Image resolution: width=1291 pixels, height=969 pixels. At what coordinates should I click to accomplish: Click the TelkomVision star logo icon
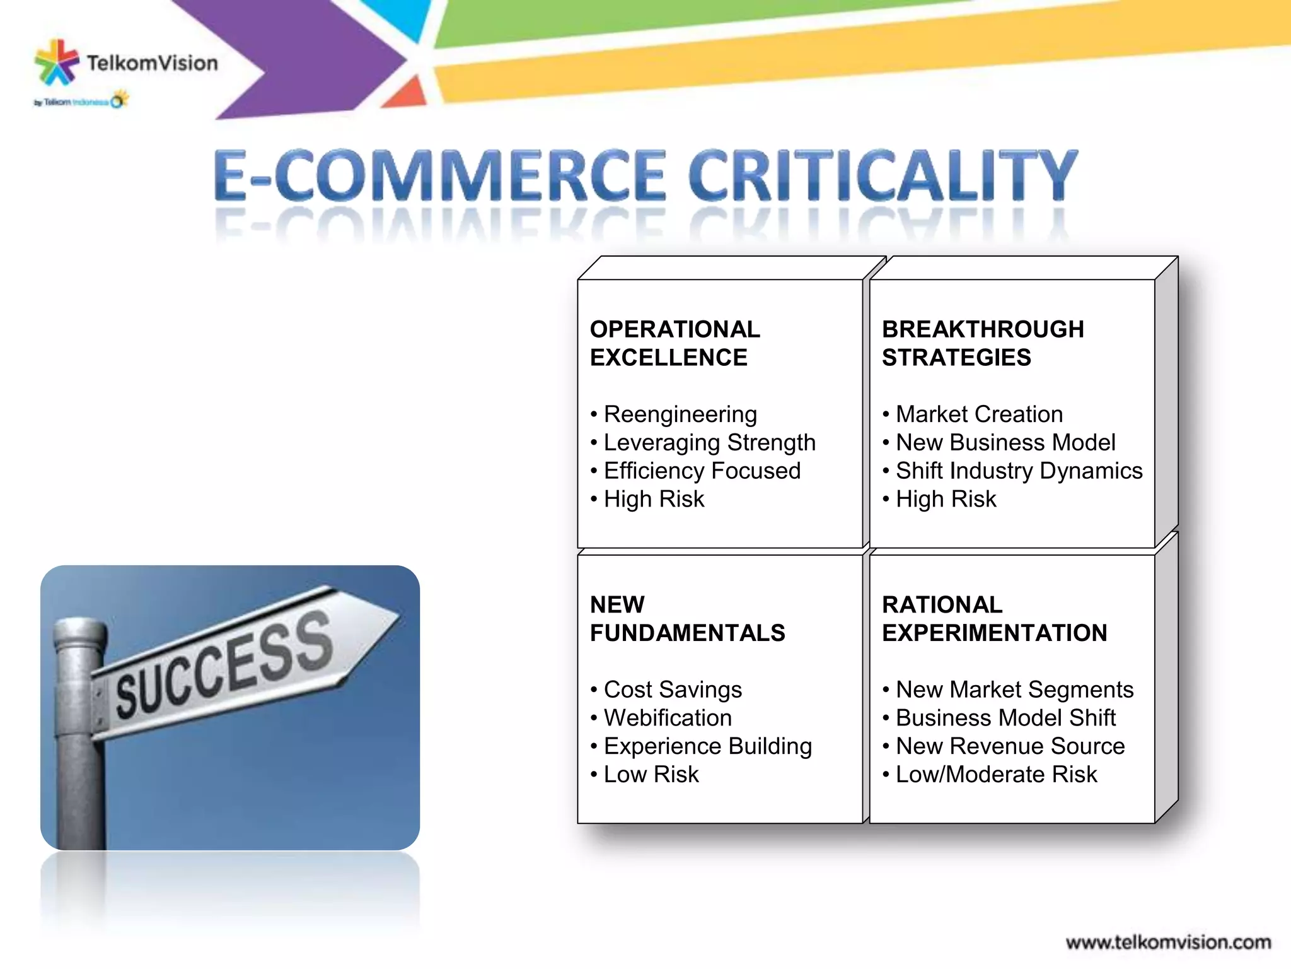(57, 62)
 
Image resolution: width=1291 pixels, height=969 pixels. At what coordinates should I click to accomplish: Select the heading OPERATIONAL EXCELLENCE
(674, 343)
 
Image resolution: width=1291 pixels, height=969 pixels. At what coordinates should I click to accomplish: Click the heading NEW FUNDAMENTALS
(687, 618)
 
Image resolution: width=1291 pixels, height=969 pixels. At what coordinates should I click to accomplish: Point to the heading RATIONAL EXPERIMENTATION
(994, 618)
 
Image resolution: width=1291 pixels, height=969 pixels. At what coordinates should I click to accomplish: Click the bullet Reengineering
(680, 414)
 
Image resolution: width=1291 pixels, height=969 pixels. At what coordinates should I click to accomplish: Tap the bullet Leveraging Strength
(709, 443)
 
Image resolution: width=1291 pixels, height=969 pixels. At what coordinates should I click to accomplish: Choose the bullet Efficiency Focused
(702, 471)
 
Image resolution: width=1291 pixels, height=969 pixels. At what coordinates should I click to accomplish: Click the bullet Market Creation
(979, 414)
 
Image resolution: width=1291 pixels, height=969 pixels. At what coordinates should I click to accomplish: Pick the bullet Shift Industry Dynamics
(1019, 471)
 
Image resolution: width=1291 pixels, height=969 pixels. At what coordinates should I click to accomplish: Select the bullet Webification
(668, 718)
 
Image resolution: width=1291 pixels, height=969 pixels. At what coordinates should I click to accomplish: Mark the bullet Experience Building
(707, 746)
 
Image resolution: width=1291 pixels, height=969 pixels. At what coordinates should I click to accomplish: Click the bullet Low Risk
(651, 775)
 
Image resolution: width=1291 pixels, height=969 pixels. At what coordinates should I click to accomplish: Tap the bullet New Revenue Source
(1010, 746)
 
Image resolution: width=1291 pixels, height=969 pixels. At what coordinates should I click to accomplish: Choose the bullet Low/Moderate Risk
(996, 775)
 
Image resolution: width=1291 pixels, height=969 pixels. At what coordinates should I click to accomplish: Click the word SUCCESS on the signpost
(224, 666)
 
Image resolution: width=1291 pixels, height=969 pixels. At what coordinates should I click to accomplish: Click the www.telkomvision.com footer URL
(1168, 943)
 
